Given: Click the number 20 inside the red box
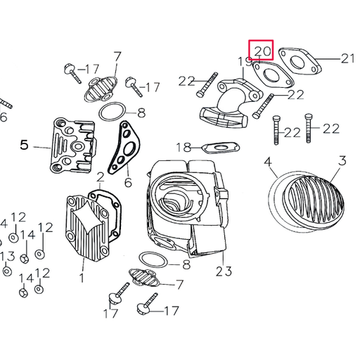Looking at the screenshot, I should pos(262,51).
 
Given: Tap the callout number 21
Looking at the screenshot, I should pos(348,59).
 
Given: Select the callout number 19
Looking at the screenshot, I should pos(245,63).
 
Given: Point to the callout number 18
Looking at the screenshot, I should pos(184,147).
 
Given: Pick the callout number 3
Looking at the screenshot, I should pos(342,162).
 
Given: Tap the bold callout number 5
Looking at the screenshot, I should pos(25,146).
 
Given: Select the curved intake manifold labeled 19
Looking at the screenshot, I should pos(229,105).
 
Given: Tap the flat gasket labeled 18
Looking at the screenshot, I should pos(219,148).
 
